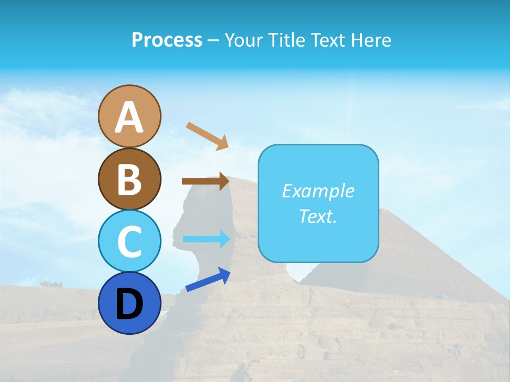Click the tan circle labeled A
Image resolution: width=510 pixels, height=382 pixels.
tap(129, 116)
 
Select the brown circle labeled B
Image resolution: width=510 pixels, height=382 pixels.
tap(129, 179)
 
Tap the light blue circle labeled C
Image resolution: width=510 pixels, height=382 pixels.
tap(129, 241)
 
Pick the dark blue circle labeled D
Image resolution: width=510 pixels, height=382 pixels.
tap(129, 303)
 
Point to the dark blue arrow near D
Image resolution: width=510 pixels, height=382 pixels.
tap(208, 280)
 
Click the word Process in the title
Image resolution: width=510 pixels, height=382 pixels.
tap(167, 40)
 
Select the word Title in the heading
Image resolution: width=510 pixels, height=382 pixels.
tap(282, 40)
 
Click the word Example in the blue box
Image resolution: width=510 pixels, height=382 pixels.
tap(318, 191)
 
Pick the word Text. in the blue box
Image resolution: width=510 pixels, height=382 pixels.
tap(318, 216)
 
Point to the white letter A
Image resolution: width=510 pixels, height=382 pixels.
tap(129, 117)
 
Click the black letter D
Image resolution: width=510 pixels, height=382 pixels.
tap(129, 305)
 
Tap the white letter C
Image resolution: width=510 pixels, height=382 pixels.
tap(129, 242)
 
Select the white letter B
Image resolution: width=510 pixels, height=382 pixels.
tap(129, 180)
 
